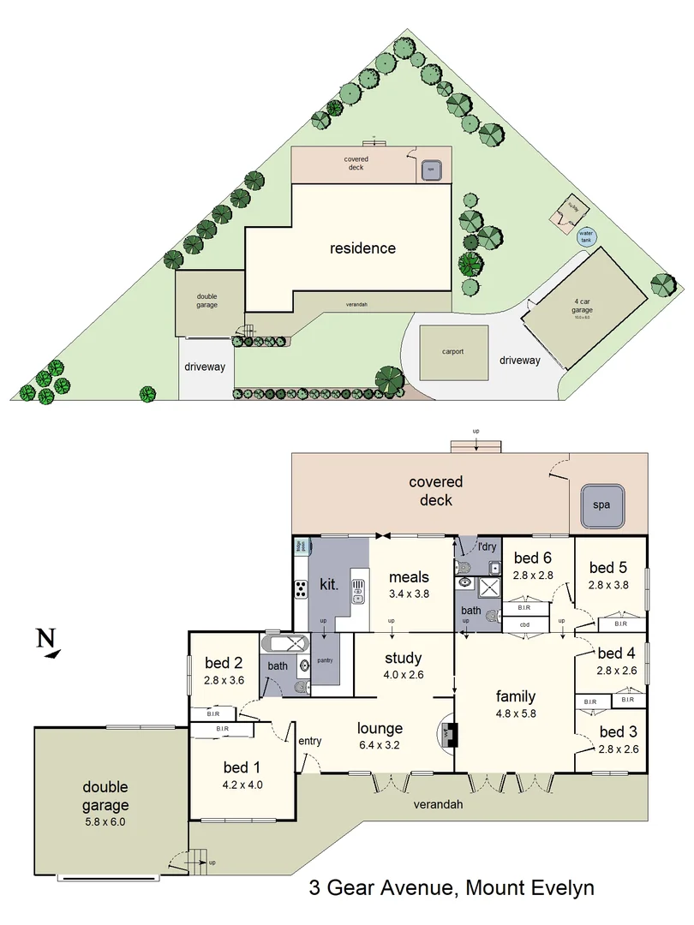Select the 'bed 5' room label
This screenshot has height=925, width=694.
(x=607, y=567)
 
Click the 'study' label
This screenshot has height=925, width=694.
(x=403, y=658)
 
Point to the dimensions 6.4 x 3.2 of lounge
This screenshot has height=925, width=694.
(x=380, y=745)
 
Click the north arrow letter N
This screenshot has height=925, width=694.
(x=45, y=637)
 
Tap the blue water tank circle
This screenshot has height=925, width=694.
(x=586, y=236)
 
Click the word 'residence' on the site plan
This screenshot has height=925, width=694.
(x=363, y=248)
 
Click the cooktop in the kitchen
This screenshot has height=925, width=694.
(x=302, y=588)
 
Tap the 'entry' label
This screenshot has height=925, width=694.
(x=309, y=741)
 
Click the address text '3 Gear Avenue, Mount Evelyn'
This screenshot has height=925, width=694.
(x=452, y=888)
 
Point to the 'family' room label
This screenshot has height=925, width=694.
(x=515, y=696)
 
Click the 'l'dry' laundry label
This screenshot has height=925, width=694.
(x=487, y=546)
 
